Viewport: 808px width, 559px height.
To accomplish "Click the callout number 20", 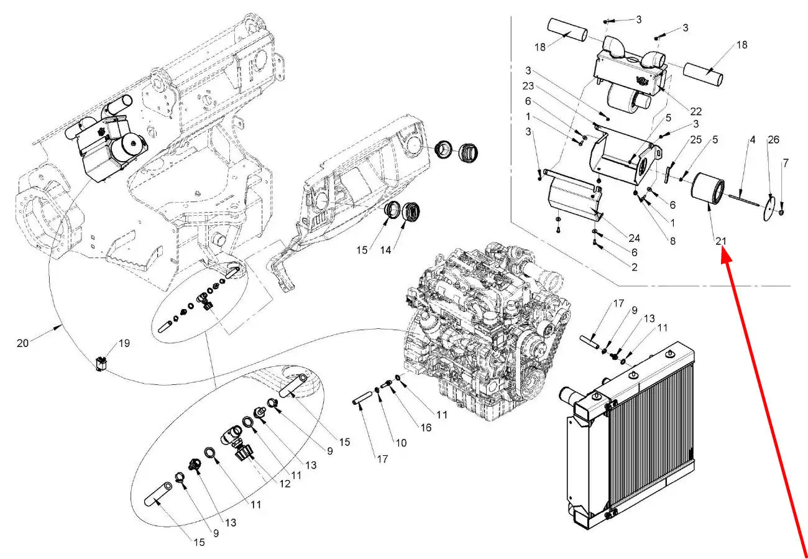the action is tap(22, 343).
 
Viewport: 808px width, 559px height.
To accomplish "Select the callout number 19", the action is tap(124, 343).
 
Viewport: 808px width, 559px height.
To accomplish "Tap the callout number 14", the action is tap(385, 250).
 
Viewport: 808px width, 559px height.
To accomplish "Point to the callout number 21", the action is tap(721, 241).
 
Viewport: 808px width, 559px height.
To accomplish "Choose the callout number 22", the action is tap(696, 111).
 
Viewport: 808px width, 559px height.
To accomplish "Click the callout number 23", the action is tap(528, 86).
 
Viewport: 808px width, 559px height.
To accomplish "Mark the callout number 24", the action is tap(634, 238).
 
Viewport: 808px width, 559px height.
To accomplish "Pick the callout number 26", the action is tap(773, 139).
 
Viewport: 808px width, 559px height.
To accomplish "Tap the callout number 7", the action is tap(786, 163).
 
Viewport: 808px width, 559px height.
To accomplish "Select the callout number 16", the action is tap(426, 428).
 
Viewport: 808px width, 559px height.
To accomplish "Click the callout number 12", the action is tap(285, 484).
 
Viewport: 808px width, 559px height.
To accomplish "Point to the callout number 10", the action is tap(401, 443).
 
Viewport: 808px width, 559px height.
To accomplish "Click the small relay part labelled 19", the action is tap(101, 363).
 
